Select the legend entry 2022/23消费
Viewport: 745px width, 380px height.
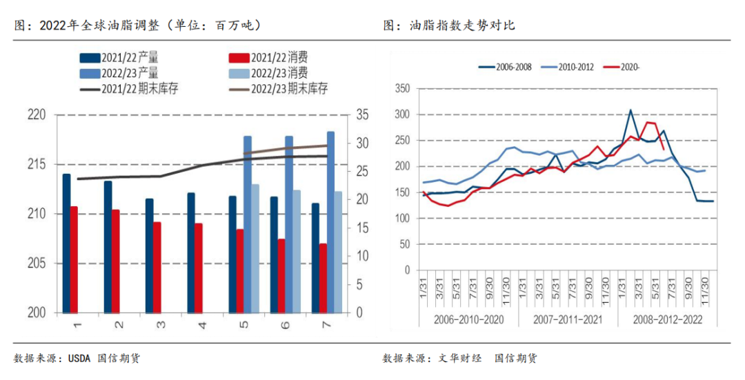coord(279,73)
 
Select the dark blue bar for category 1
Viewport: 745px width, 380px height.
coord(66,243)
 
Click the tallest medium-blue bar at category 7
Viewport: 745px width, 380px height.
coord(330,221)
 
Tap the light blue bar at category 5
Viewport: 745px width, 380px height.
coord(255,248)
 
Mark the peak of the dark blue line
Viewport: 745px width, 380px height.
coord(630,110)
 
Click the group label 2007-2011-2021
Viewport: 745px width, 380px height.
coord(568,320)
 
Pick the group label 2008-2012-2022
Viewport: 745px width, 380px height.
coord(666,320)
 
